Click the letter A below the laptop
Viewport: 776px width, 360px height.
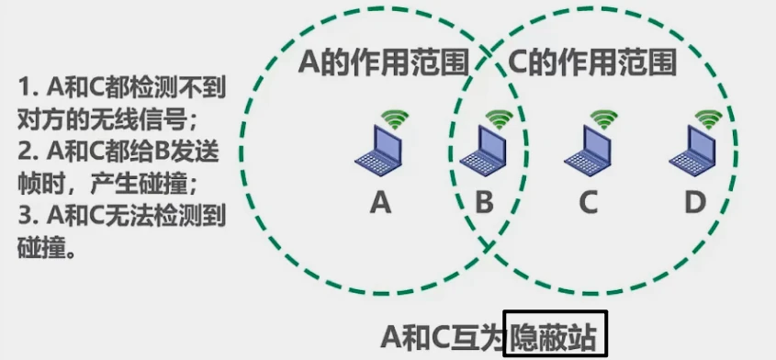click(379, 202)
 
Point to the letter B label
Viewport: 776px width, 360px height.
click(483, 202)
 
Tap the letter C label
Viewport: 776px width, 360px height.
click(588, 202)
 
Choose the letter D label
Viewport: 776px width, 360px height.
click(695, 202)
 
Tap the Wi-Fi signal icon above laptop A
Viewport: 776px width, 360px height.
click(396, 118)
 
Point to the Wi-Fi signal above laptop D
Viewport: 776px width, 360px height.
click(708, 118)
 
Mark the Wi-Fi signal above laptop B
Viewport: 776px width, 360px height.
click(500, 118)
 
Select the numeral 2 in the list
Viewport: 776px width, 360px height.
click(25, 151)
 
